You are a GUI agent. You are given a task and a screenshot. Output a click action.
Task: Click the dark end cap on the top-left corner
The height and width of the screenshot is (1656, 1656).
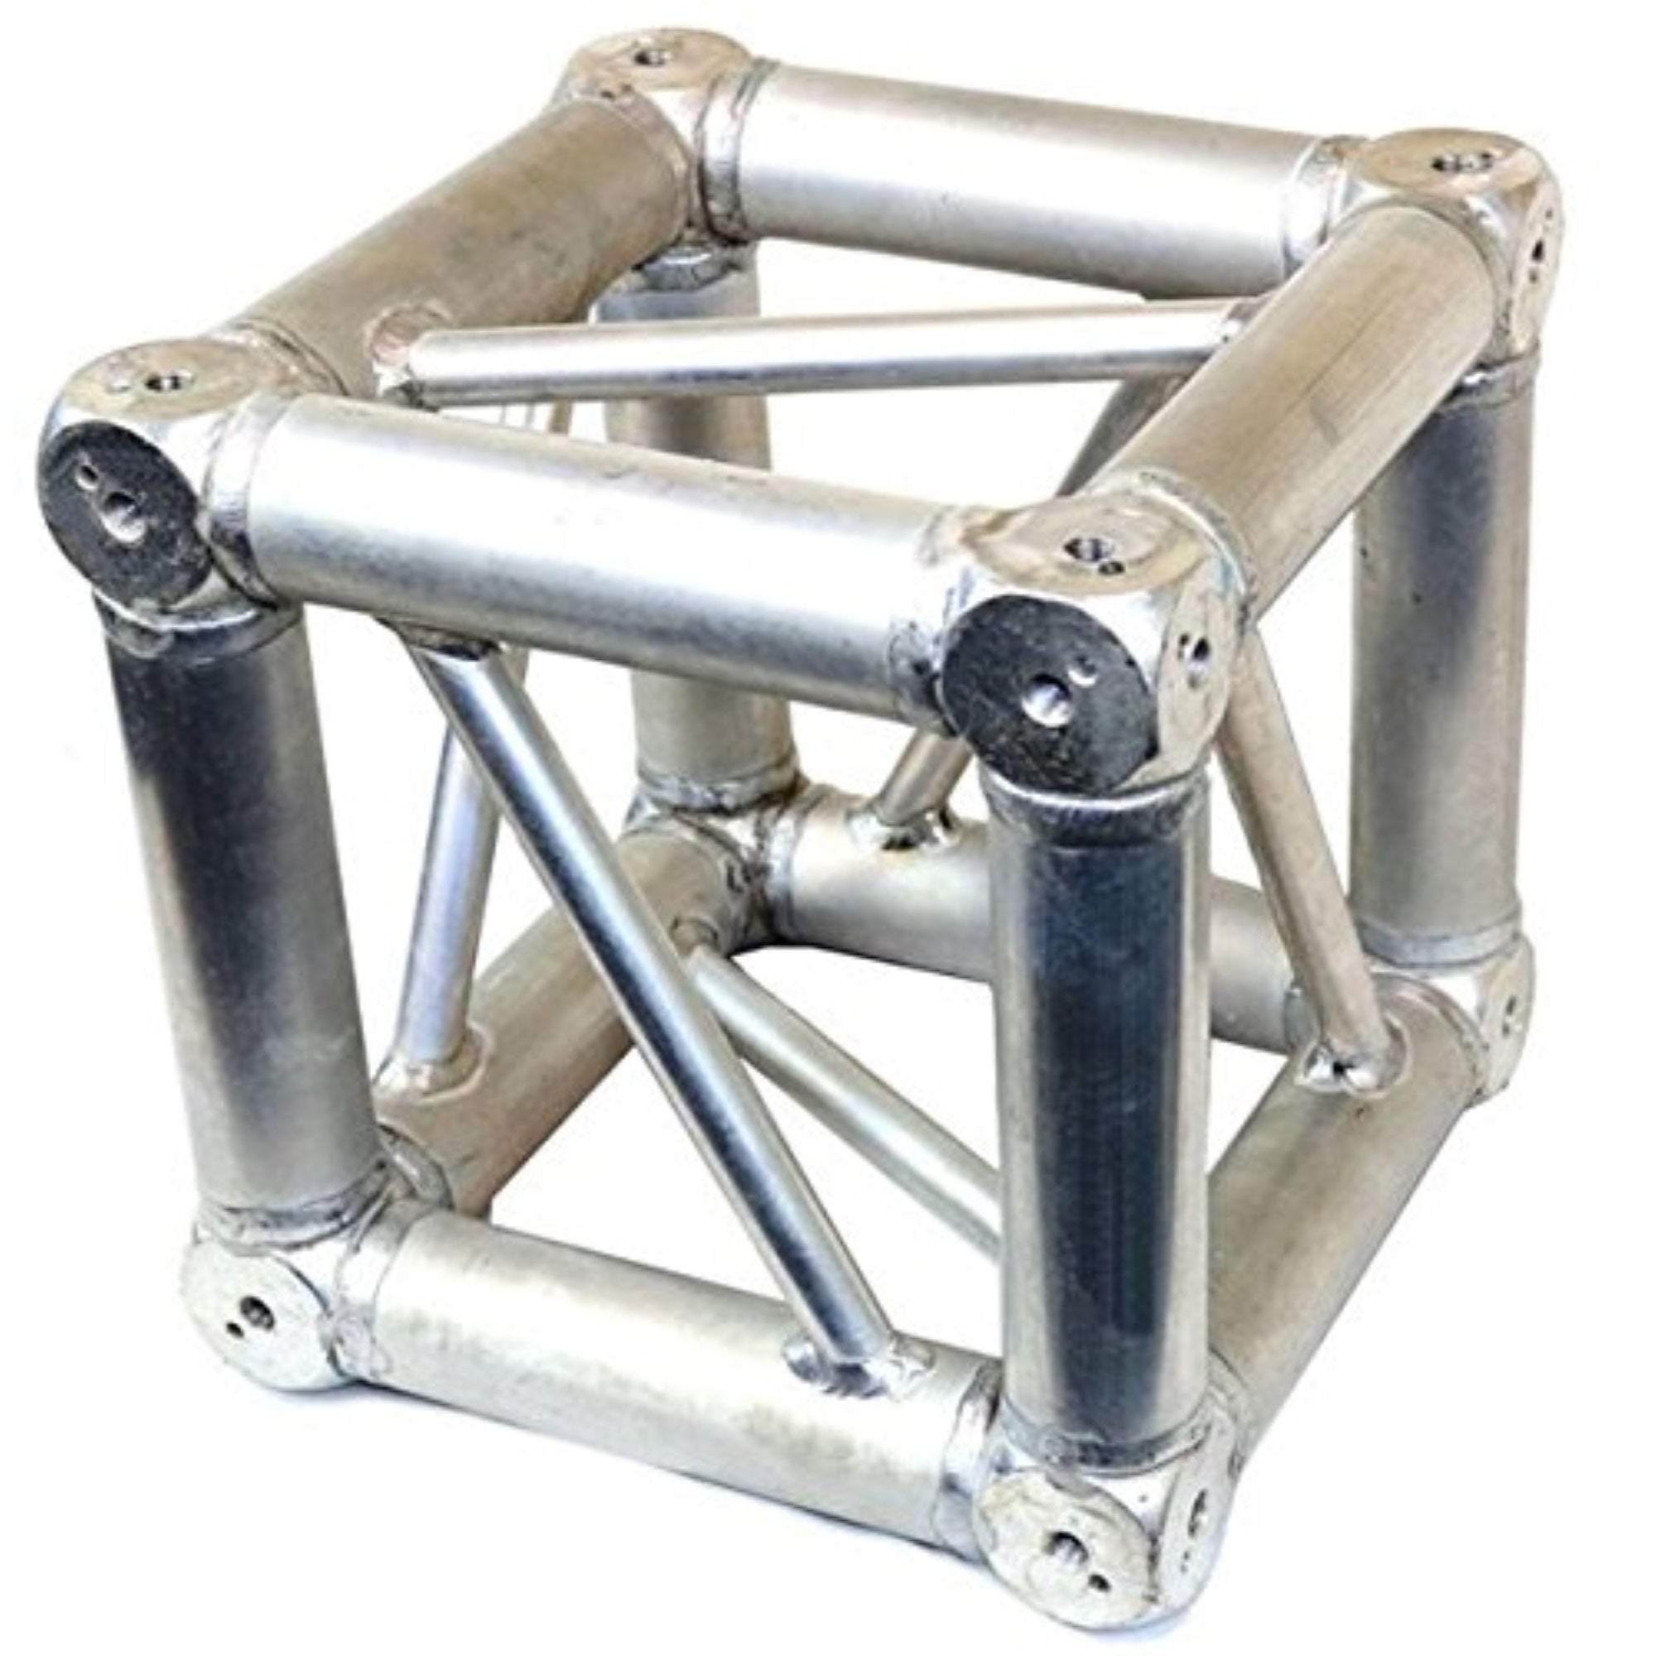click(x=120, y=506)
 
